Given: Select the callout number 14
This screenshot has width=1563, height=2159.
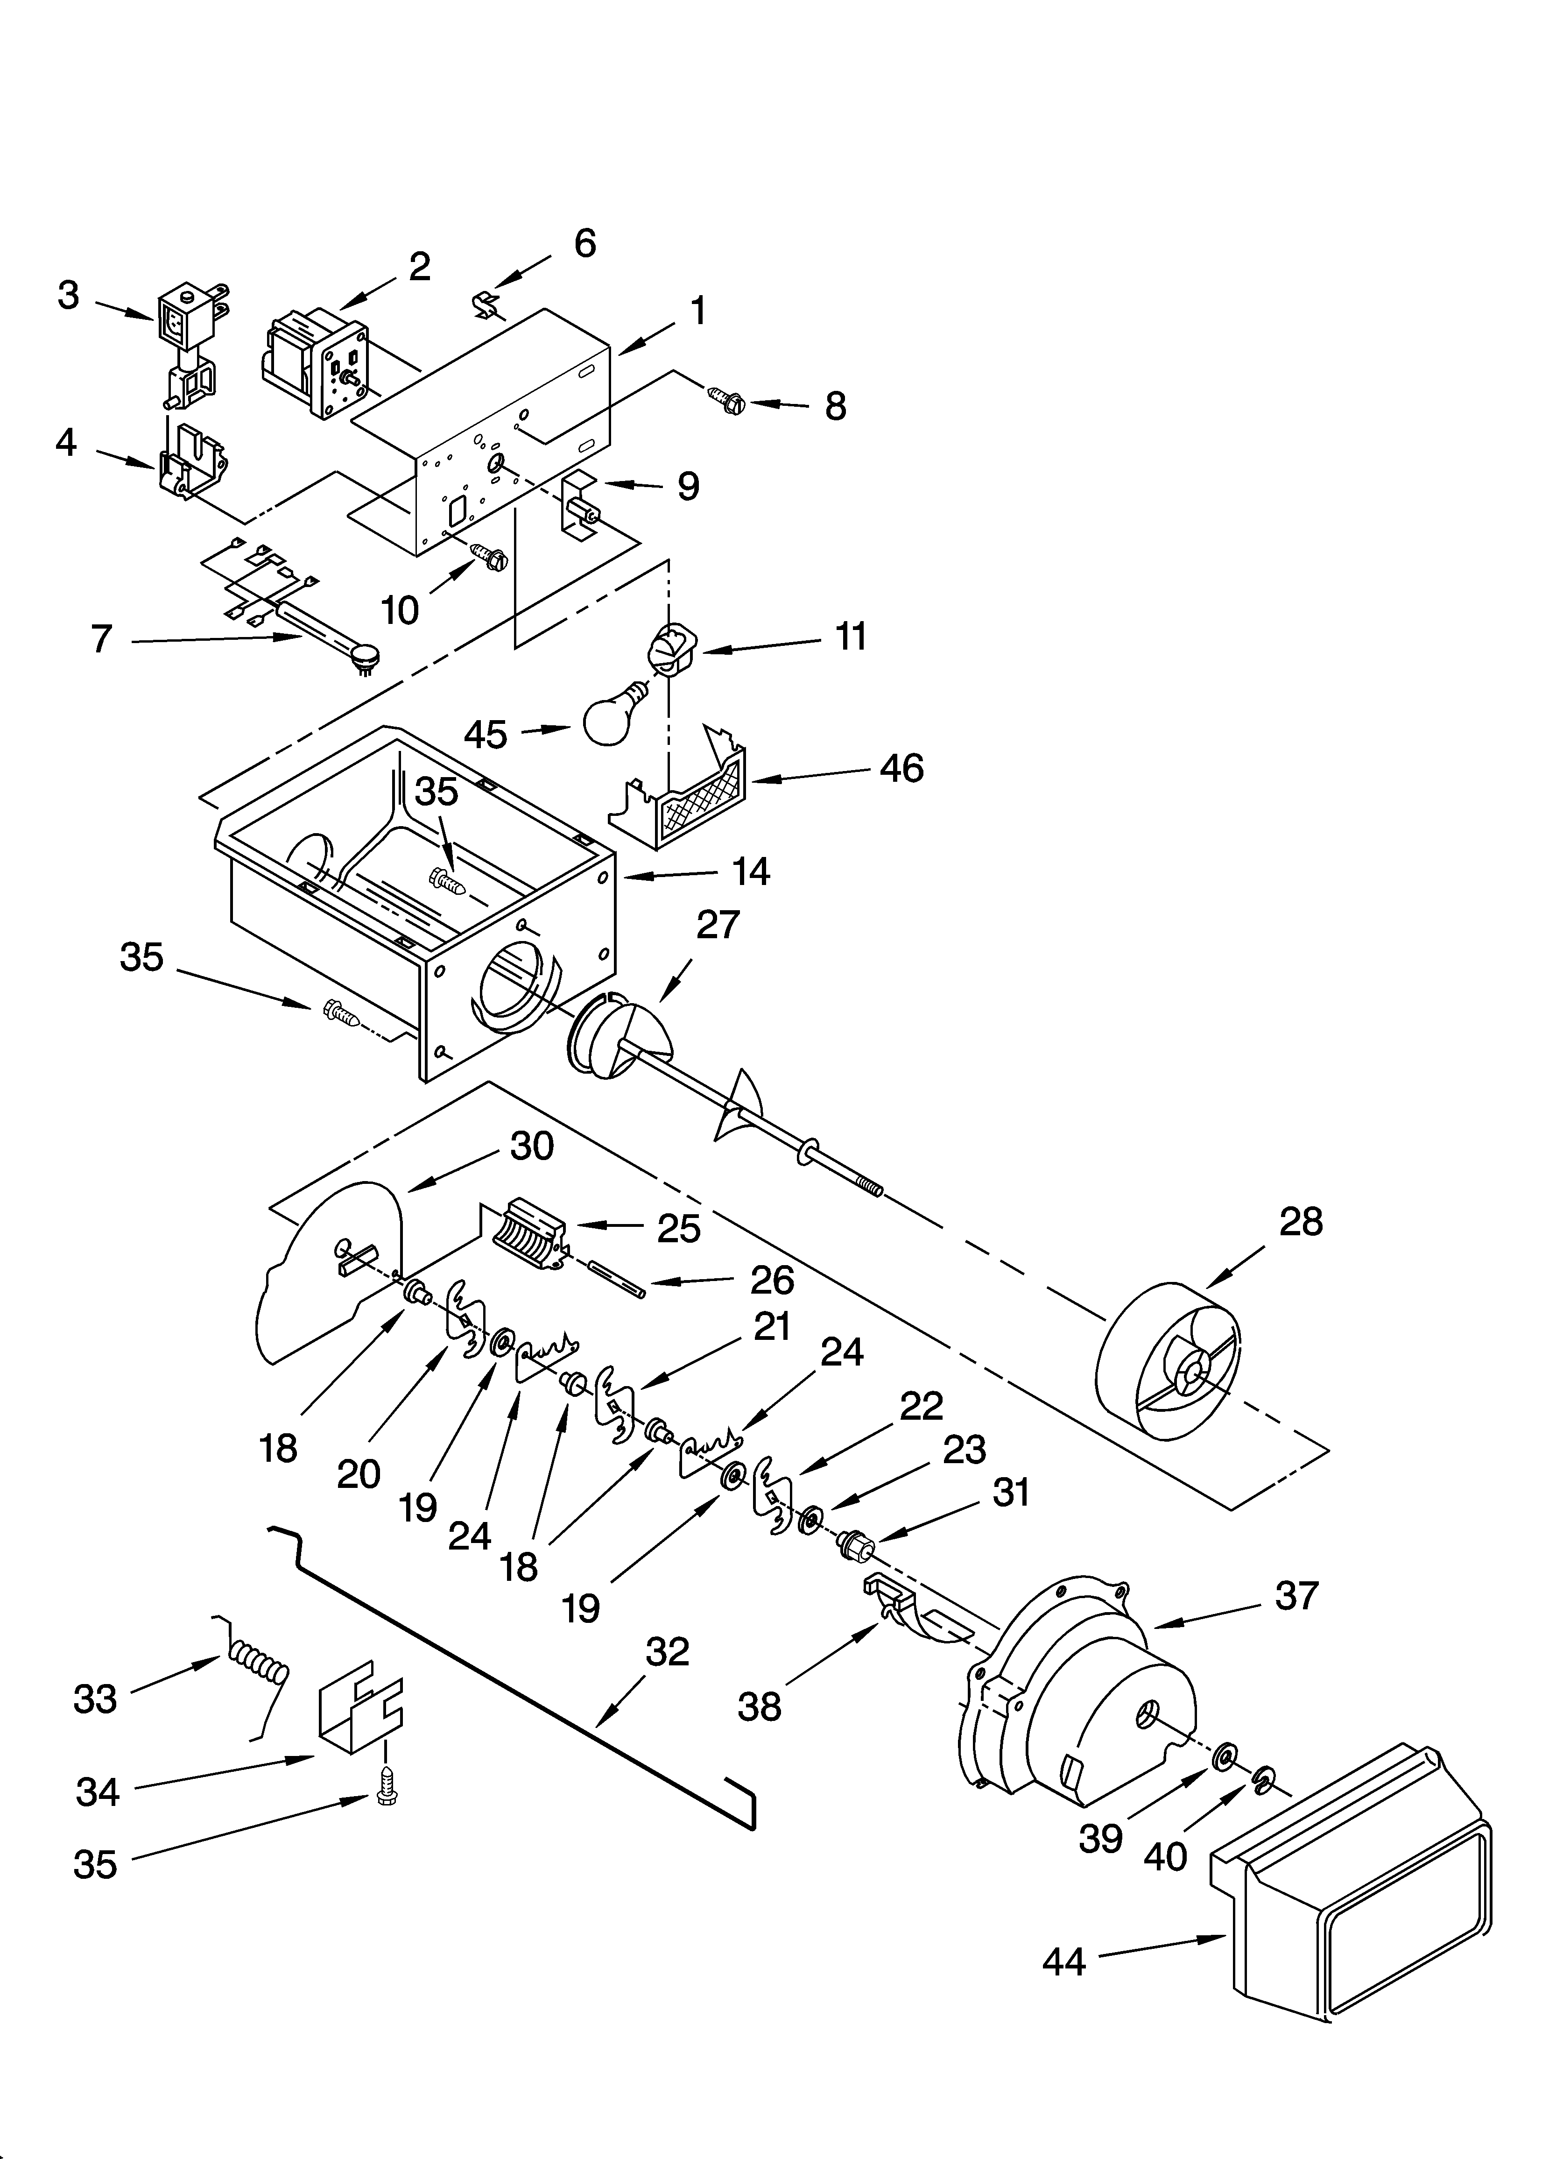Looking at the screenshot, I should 751,871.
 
